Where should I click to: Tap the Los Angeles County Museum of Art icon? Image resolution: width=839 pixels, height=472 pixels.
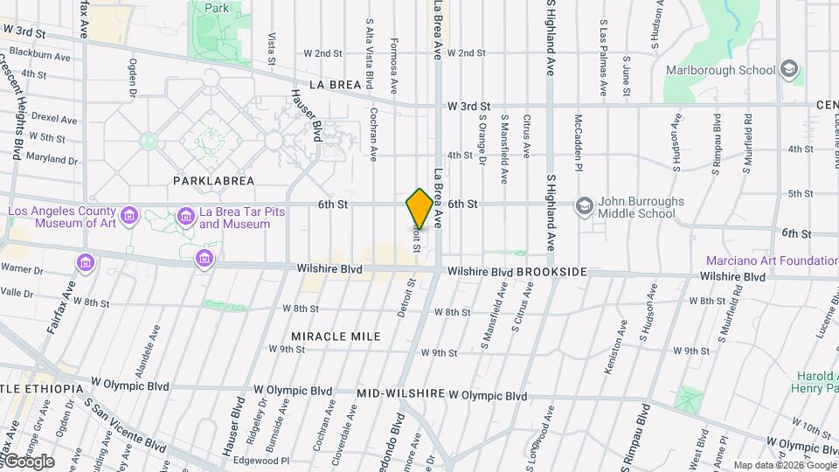(129, 215)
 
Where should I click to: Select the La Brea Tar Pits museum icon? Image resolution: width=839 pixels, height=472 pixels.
(185, 215)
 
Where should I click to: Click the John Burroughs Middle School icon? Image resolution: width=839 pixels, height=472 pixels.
(583, 205)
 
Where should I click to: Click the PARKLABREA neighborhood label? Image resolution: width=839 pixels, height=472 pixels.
(213, 181)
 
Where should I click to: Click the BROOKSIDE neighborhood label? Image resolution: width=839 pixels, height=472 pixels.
(551, 273)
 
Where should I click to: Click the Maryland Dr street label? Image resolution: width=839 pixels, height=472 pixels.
(53, 159)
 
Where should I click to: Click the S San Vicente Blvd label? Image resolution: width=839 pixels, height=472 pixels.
(127, 426)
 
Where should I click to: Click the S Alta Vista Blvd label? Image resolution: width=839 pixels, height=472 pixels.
(370, 54)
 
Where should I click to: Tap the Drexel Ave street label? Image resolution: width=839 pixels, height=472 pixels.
(56, 117)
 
